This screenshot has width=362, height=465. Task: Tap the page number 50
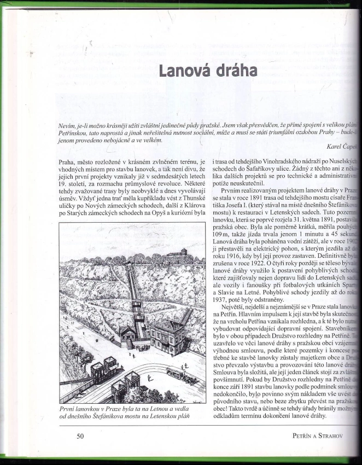tap(80, 436)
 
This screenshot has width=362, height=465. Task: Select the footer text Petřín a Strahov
tap(317, 436)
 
